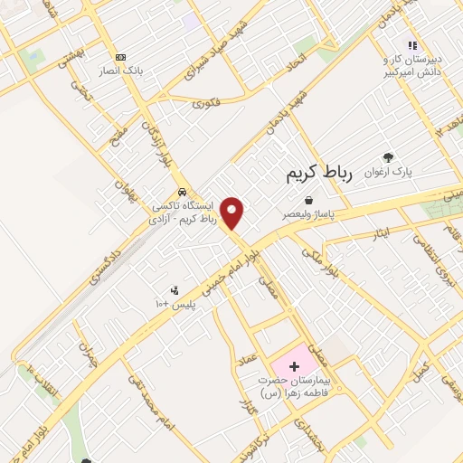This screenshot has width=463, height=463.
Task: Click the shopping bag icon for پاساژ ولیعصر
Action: point(310,200)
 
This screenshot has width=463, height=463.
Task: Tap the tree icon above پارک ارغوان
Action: point(389,156)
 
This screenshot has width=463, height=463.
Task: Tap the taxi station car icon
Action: point(183,193)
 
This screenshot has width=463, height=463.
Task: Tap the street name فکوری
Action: point(205,103)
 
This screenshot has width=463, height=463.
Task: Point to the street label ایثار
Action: point(380,232)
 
